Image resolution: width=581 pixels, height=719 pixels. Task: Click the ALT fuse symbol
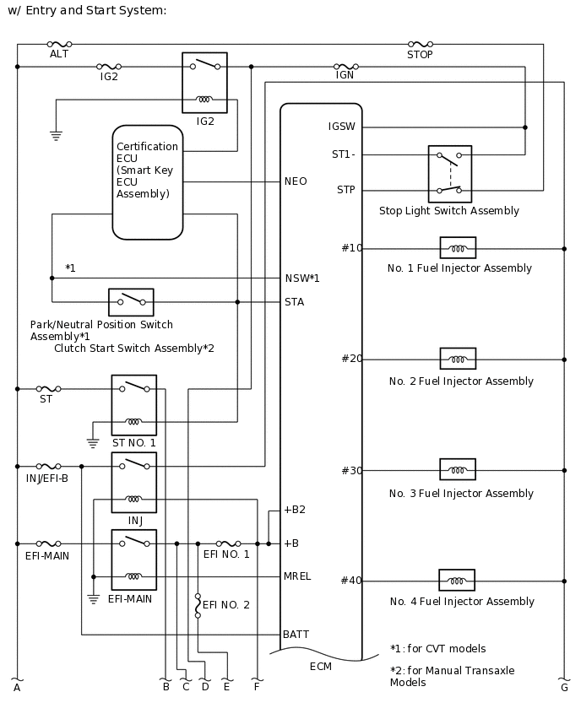coord(59,44)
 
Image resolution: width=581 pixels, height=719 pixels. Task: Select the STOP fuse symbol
coord(420,44)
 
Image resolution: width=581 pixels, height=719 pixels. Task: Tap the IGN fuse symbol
coord(346,66)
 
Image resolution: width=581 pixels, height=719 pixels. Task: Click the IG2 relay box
coord(204,83)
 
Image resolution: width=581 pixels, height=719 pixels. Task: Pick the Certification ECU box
coord(148,181)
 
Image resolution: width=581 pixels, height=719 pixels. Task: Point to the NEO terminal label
coord(296,181)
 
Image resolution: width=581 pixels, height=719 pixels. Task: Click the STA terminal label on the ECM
coord(294,301)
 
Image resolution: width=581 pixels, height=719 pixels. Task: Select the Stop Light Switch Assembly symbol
coord(450,174)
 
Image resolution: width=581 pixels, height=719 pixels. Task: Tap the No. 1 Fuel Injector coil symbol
coord(458,248)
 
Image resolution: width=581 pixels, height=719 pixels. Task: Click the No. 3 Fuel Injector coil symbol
coord(458,469)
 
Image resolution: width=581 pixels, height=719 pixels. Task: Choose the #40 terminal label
coord(351,581)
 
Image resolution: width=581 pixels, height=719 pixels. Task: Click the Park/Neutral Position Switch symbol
coord(131,301)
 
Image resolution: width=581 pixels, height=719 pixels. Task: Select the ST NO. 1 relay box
coord(133,405)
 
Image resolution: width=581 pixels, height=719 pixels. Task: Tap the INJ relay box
coord(133,482)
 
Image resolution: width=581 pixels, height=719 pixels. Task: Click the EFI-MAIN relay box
coord(133,560)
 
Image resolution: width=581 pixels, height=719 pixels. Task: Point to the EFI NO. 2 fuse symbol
coord(198,605)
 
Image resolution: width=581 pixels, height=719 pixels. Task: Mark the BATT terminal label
coord(296,634)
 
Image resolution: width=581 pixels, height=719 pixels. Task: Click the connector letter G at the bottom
coord(563,688)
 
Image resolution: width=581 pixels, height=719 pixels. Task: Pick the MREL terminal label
coord(297,576)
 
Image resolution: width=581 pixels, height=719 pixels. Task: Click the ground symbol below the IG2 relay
coord(56,134)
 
